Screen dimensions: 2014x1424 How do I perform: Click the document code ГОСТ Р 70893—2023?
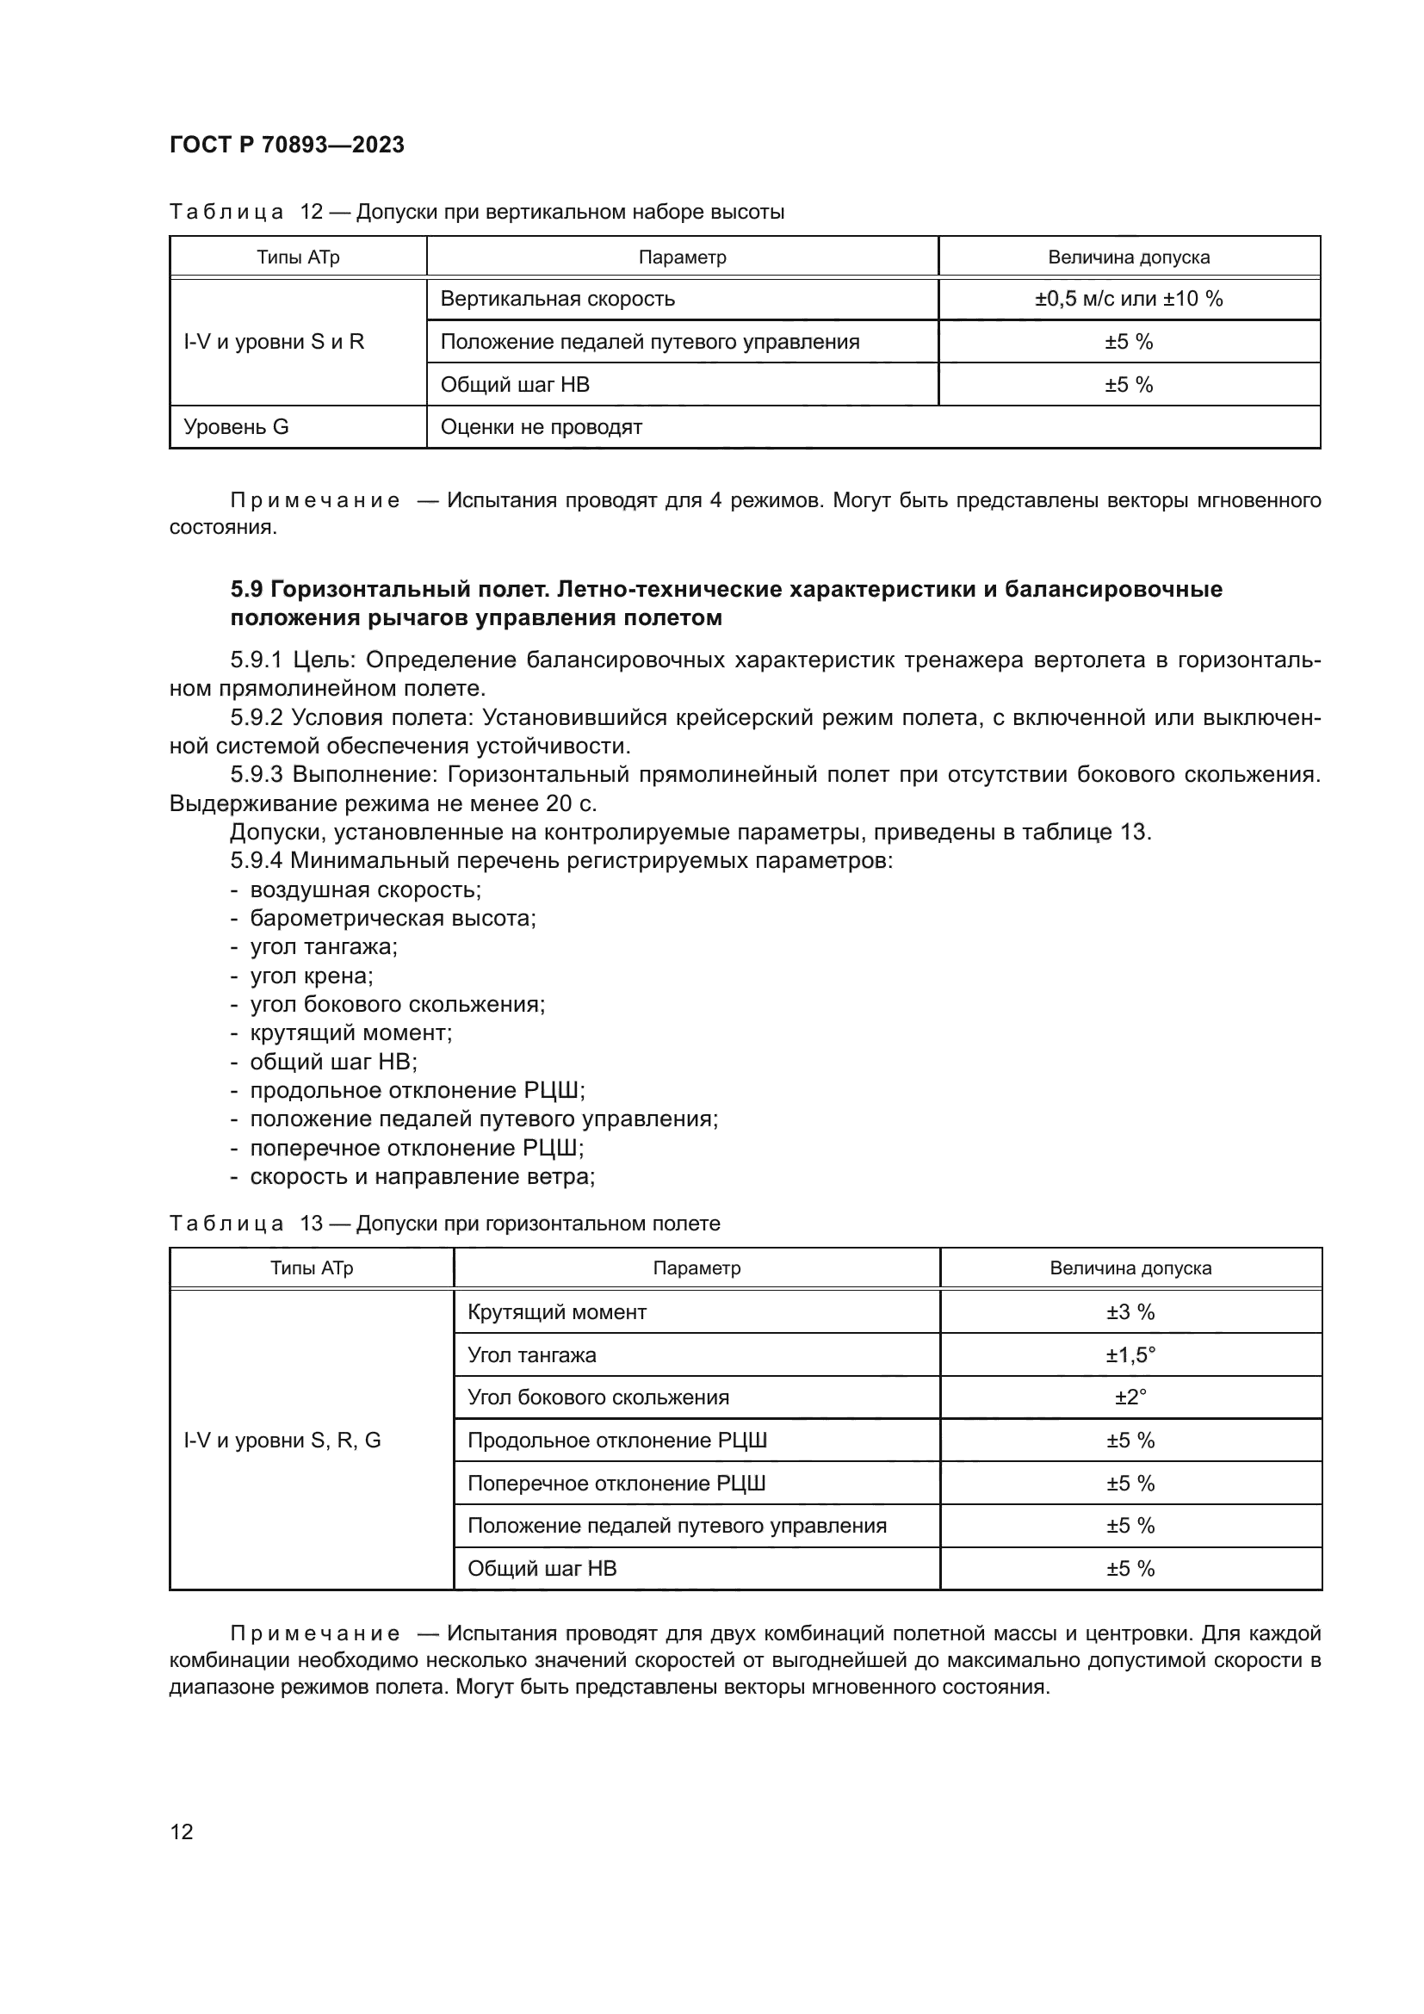coord(287,145)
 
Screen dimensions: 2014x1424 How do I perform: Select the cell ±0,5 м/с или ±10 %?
coord(1129,298)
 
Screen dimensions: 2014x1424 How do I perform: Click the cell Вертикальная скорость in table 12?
coord(558,298)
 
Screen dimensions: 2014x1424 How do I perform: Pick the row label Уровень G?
coord(236,427)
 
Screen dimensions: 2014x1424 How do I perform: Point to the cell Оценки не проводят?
coord(541,427)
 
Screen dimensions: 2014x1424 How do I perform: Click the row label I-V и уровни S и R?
coord(274,341)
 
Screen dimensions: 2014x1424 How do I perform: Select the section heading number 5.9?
coord(248,589)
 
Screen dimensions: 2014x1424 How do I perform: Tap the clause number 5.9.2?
coord(257,717)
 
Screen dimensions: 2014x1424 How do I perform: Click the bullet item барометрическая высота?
coord(393,919)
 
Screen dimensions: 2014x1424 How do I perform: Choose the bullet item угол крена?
coord(312,976)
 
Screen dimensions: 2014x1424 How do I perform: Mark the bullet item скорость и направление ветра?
coord(422,1176)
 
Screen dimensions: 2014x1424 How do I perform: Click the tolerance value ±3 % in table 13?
coord(1130,1312)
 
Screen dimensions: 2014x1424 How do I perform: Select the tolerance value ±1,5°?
coord(1130,1355)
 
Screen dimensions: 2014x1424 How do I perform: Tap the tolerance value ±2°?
coord(1130,1397)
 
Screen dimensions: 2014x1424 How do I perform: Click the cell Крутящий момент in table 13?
coord(557,1312)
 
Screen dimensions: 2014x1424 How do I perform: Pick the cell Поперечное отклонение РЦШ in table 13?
coord(616,1484)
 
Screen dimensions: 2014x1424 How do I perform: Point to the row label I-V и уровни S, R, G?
coord(282,1441)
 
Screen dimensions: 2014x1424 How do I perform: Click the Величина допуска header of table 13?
coord(1130,1268)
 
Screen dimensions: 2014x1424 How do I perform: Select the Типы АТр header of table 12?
coord(298,257)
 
